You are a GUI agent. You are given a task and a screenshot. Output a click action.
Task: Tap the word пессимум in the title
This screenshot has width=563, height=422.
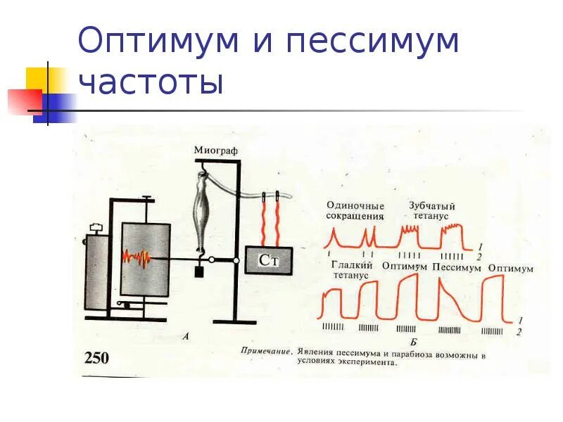(x=372, y=41)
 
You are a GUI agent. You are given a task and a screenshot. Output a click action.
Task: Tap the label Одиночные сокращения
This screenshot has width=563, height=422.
(x=355, y=211)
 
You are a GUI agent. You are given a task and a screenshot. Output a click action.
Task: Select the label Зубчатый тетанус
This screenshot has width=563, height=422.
(x=431, y=211)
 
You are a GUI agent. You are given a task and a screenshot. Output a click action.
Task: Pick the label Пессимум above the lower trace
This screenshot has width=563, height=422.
(x=456, y=267)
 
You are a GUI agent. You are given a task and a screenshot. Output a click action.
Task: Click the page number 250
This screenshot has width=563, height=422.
(x=96, y=358)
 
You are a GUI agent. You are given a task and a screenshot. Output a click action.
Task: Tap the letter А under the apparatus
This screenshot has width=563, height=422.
(x=185, y=336)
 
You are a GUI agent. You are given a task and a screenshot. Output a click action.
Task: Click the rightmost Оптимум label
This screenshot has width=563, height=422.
(x=510, y=269)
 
